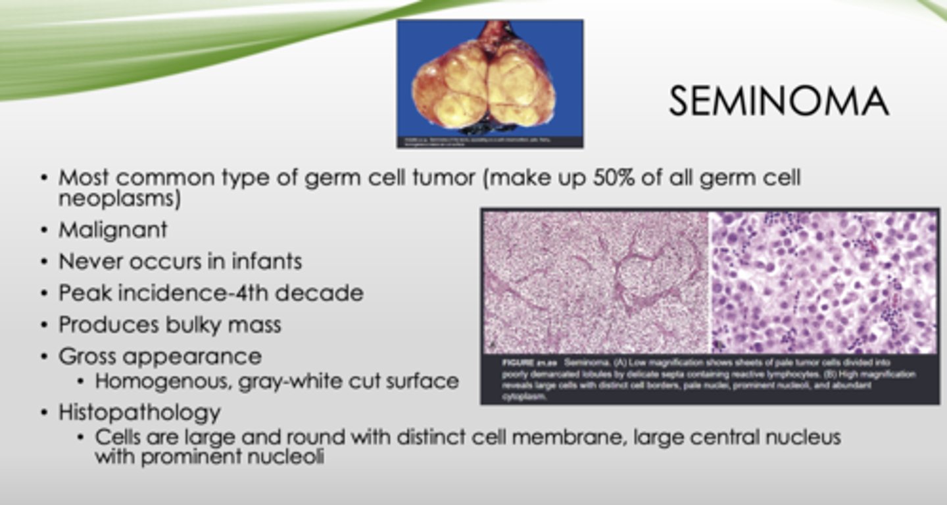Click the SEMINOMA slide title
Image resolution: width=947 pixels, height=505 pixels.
pos(779,102)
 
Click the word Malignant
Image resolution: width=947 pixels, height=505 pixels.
pos(112,229)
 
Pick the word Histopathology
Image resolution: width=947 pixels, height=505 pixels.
pos(139,413)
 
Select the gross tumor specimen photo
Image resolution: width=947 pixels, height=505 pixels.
pos(489,82)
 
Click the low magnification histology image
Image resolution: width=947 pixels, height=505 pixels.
pos(596,282)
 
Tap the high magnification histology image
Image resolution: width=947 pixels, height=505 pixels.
pos(823,282)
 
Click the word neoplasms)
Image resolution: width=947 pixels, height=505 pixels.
pos(119,198)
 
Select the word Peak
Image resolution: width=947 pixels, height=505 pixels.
pos(82,293)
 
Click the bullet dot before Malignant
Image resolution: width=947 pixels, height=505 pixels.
pos(44,230)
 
